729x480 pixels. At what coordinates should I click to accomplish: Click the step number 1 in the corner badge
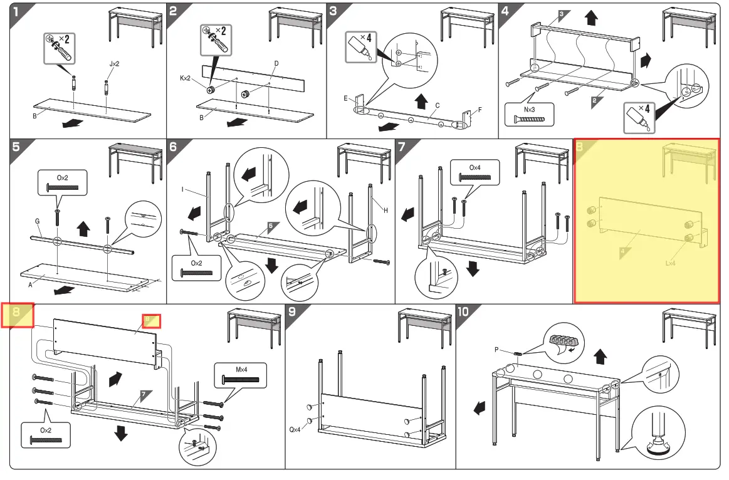[18, 11]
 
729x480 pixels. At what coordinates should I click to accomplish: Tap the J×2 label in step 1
[114, 64]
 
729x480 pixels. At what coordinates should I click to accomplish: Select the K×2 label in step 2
[186, 78]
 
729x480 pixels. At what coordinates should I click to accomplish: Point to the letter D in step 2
[276, 63]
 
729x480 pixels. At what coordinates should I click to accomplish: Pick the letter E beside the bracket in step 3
[345, 98]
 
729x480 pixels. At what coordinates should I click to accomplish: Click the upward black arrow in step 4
[590, 18]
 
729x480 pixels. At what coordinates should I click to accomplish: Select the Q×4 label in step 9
[296, 430]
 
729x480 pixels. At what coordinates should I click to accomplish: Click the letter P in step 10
[496, 350]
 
